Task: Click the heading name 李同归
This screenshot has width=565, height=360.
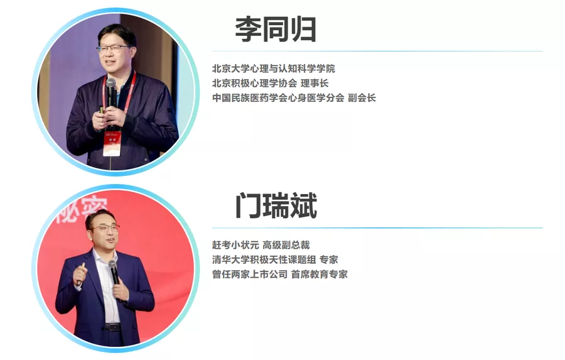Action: click(275, 30)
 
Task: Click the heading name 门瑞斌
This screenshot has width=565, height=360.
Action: click(276, 205)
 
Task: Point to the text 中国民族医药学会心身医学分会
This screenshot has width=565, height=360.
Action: click(277, 98)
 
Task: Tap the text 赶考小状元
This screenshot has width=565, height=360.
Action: click(233, 245)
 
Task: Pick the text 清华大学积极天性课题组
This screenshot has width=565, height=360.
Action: click(263, 259)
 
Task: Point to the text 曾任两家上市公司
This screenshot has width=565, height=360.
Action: click(249, 274)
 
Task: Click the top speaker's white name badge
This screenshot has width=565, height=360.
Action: click(112, 144)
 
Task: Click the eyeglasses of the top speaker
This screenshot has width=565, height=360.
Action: click(114, 48)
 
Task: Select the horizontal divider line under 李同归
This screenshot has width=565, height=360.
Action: click(377, 51)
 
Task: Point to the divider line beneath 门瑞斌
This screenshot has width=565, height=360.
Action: click(377, 227)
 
